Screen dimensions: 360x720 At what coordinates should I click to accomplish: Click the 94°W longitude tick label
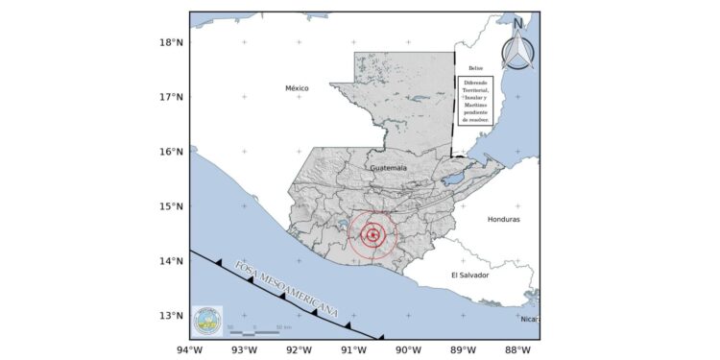click(x=189, y=349)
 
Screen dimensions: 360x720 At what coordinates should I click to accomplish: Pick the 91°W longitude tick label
click(x=353, y=349)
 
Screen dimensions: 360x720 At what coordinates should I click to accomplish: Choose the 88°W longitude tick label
click(x=518, y=349)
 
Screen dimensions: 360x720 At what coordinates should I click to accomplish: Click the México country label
click(x=297, y=88)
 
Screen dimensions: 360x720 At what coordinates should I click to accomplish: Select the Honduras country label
click(x=503, y=219)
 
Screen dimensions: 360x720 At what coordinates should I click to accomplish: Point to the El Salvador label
click(x=469, y=276)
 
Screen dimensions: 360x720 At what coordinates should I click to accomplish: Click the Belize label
click(x=475, y=68)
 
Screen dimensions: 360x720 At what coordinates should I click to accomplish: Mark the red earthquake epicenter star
click(x=372, y=235)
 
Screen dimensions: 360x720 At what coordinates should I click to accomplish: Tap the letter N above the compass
click(x=518, y=23)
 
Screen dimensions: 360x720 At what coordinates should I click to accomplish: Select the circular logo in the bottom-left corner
click(x=206, y=320)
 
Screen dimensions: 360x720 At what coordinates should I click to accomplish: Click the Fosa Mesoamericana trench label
click(x=287, y=289)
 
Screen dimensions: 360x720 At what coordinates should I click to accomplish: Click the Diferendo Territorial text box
click(x=476, y=101)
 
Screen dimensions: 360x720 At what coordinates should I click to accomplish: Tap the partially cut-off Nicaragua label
click(x=529, y=319)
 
